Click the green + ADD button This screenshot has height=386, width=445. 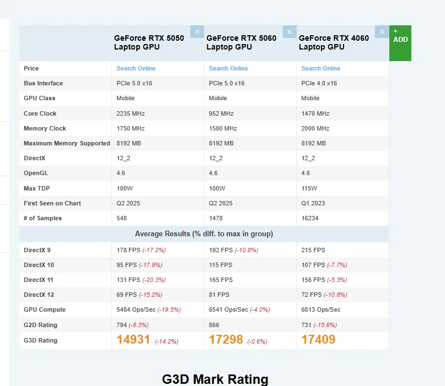(400, 42)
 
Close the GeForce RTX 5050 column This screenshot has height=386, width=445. (197, 31)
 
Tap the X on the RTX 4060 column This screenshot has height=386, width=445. (382, 31)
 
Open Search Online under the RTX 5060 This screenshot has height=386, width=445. (228, 68)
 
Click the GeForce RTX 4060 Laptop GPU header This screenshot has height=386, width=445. (334, 42)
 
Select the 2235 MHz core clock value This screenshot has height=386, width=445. (130, 113)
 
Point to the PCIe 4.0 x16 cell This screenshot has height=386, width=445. (319, 83)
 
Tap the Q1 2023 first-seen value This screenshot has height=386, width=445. (313, 203)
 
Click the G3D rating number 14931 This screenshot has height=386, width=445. (133, 340)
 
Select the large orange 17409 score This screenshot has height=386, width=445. (318, 340)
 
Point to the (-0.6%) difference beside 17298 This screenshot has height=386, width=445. (257, 341)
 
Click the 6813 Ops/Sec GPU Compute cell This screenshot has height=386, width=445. (321, 309)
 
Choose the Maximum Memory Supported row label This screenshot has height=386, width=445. (67, 143)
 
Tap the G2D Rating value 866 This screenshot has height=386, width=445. (214, 325)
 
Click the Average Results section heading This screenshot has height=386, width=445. (204, 233)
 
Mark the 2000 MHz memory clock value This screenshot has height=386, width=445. (315, 128)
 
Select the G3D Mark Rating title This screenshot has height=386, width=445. (215, 379)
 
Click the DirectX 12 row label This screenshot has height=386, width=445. (39, 295)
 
